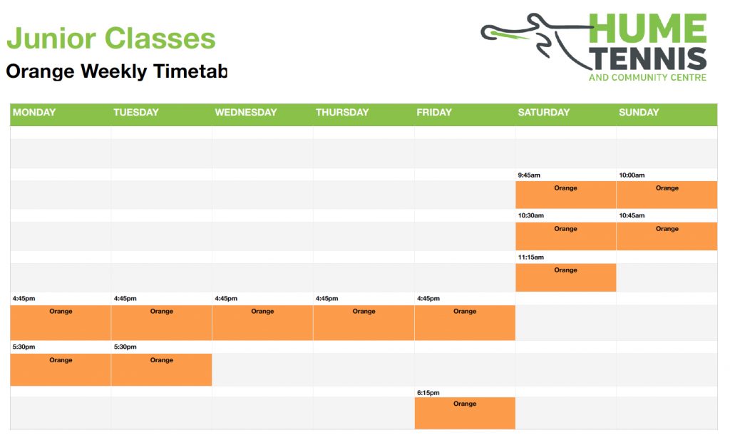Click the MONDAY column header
click(x=34, y=112)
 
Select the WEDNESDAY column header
click(x=246, y=112)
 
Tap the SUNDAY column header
click(x=639, y=112)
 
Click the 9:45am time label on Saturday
click(x=529, y=175)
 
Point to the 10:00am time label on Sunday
click(x=632, y=175)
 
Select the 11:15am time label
click(x=530, y=257)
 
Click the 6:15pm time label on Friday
click(x=428, y=392)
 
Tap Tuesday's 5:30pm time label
click(x=125, y=347)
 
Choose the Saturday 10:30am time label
click(x=530, y=215)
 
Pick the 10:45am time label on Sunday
click(x=632, y=215)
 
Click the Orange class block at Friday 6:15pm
click(x=465, y=413)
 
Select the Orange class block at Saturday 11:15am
click(x=565, y=277)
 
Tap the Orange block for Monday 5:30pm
click(x=61, y=369)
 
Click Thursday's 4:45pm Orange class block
click(x=364, y=322)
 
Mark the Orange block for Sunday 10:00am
click(x=667, y=195)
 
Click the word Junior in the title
click(x=51, y=39)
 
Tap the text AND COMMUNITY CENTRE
click(x=647, y=77)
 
